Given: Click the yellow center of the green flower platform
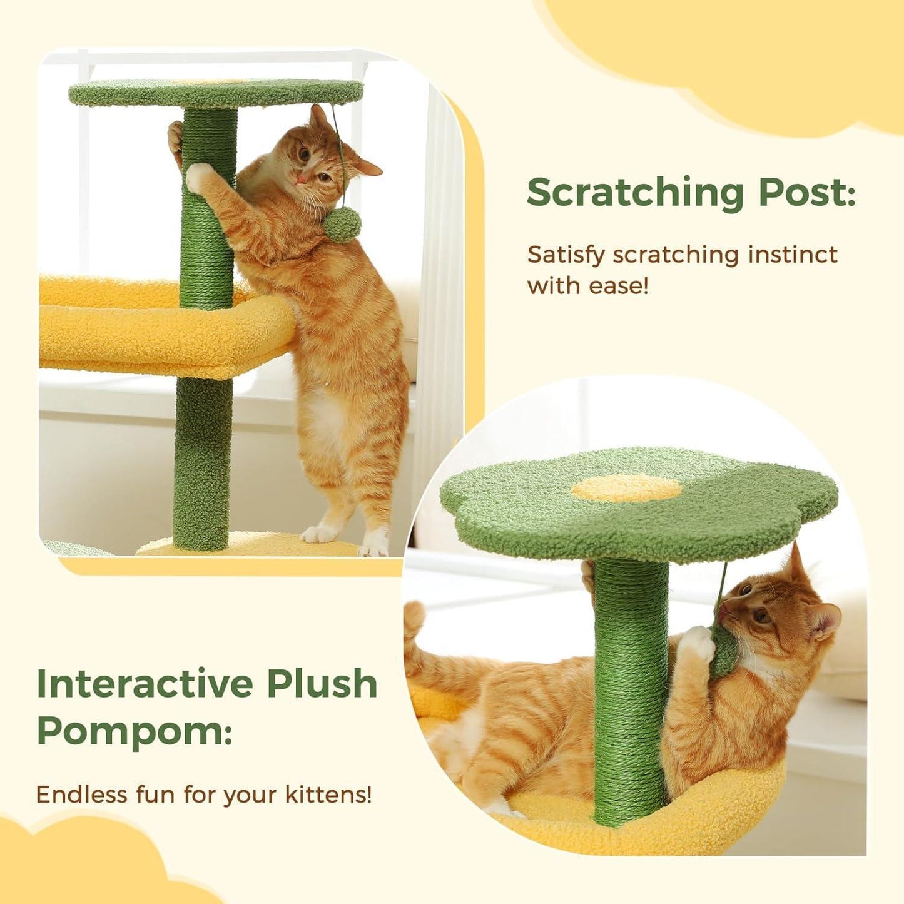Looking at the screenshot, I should click(626, 489).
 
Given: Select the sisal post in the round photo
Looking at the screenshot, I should click(629, 688).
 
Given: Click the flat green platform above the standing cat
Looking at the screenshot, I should click(216, 93).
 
